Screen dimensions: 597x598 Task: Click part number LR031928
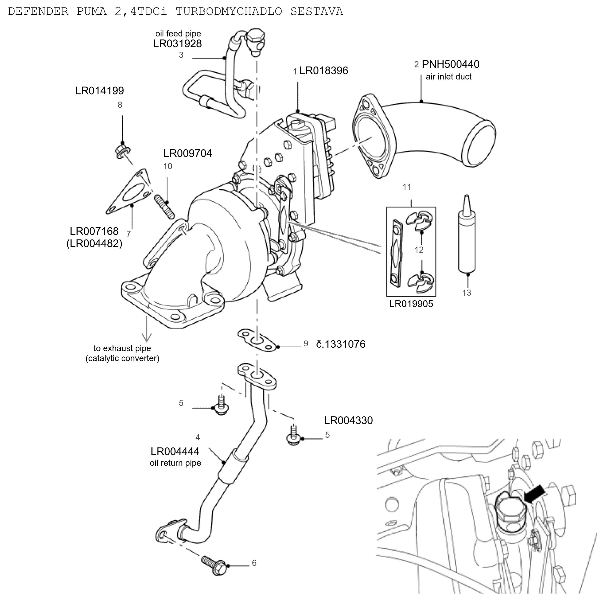click(177, 44)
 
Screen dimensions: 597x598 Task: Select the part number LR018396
click(324, 70)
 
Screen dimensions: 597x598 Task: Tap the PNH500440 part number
click(450, 64)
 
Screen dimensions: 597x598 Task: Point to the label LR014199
click(99, 91)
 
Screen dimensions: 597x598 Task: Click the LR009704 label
click(187, 153)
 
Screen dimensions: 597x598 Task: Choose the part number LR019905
click(411, 304)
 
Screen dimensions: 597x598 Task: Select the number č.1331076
click(341, 344)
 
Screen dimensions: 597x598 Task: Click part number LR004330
click(348, 420)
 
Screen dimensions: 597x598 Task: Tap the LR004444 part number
click(175, 451)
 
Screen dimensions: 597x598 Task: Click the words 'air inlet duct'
click(448, 77)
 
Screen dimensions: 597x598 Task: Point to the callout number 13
click(466, 293)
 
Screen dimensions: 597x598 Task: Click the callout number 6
click(254, 563)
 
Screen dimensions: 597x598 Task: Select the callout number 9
click(306, 343)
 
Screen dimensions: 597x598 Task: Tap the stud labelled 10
click(164, 206)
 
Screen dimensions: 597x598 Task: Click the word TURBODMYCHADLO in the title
click(229, 11)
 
